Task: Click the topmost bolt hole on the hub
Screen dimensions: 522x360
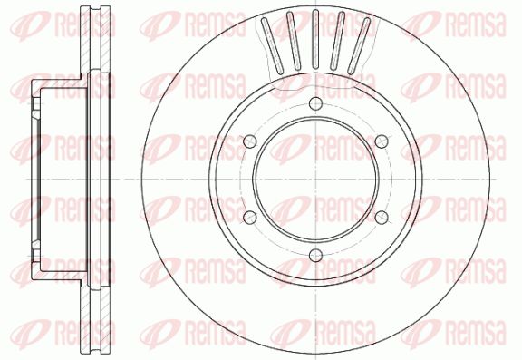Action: [315, 103]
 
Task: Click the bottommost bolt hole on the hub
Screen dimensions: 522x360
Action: [315, 256]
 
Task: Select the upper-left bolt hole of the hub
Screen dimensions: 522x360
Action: [250, 141]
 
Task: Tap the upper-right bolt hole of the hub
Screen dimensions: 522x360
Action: [382, 141]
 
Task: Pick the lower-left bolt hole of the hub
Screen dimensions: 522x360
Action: [250, 218]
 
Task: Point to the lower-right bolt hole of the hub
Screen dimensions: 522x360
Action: [382, 218]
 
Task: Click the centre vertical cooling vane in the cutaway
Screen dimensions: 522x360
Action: [315, 39]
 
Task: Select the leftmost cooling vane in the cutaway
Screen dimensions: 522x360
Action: [272, 46]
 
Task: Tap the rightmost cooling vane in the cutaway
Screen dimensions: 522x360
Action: [359, 46]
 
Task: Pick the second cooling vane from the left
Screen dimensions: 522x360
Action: [294, 41]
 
